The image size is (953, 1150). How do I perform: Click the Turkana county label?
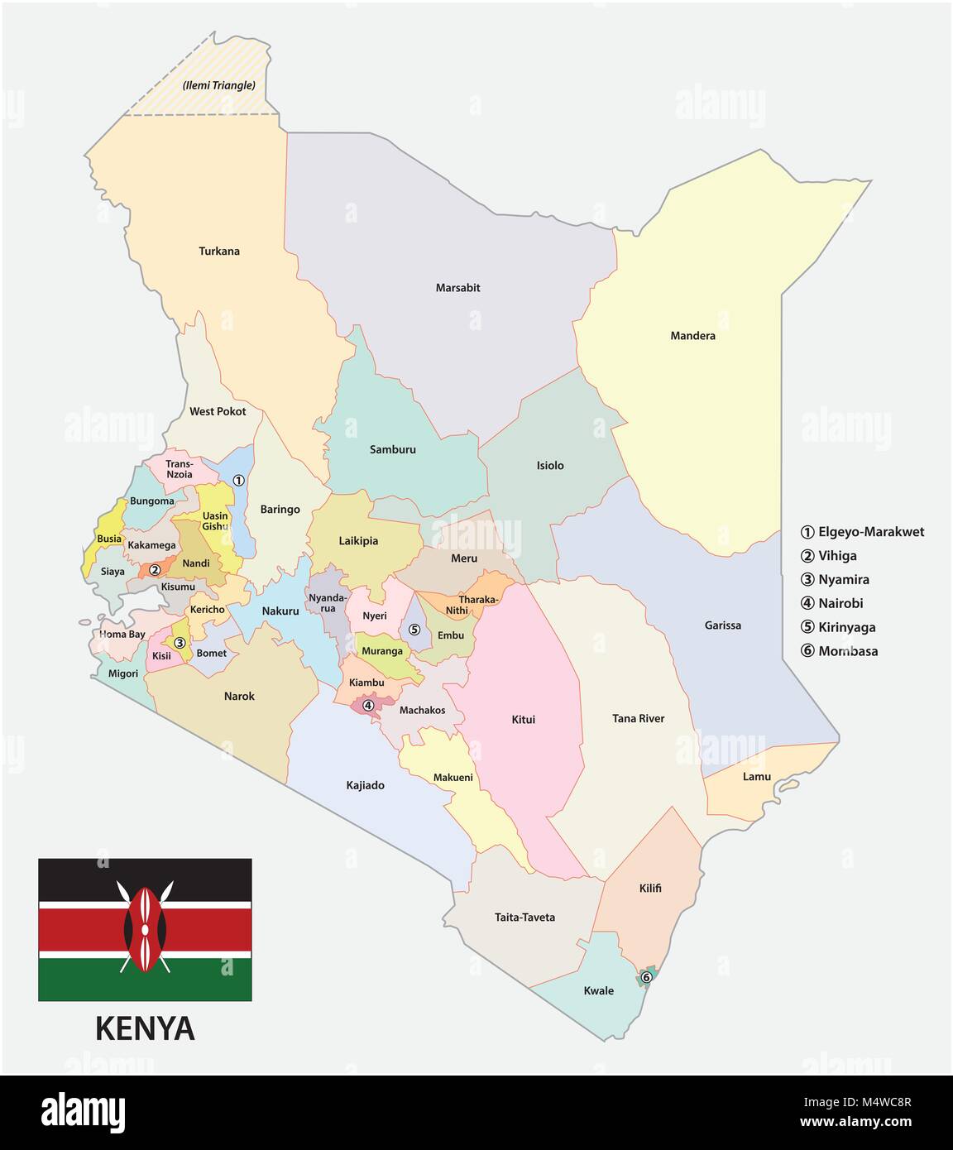tap(219, 251)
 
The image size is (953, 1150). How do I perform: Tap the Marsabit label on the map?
tap(457, 288)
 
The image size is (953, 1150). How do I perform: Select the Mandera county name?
tap(692, 336)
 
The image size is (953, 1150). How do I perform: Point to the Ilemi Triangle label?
tap(218, 85)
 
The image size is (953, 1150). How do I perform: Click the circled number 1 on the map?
tap(238, 480)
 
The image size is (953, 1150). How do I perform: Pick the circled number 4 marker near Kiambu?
tap(368, 705)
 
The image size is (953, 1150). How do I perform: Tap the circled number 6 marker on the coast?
tap(647, 977)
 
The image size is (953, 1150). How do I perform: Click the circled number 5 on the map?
tap(414, 630)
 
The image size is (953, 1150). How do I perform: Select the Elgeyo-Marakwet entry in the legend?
tap(863, 532)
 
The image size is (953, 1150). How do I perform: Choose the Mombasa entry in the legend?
tap(840, 651)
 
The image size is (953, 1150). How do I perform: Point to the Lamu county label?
tap(756, 776)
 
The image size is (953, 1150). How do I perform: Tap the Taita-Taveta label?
tap(524, 917)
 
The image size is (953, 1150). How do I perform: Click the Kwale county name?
tap(598, 990)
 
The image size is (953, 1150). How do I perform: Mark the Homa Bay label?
tap(122, 635)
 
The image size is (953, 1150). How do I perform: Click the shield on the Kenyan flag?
tap(145, 928)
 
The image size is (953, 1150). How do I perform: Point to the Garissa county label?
tap(722, 625)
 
